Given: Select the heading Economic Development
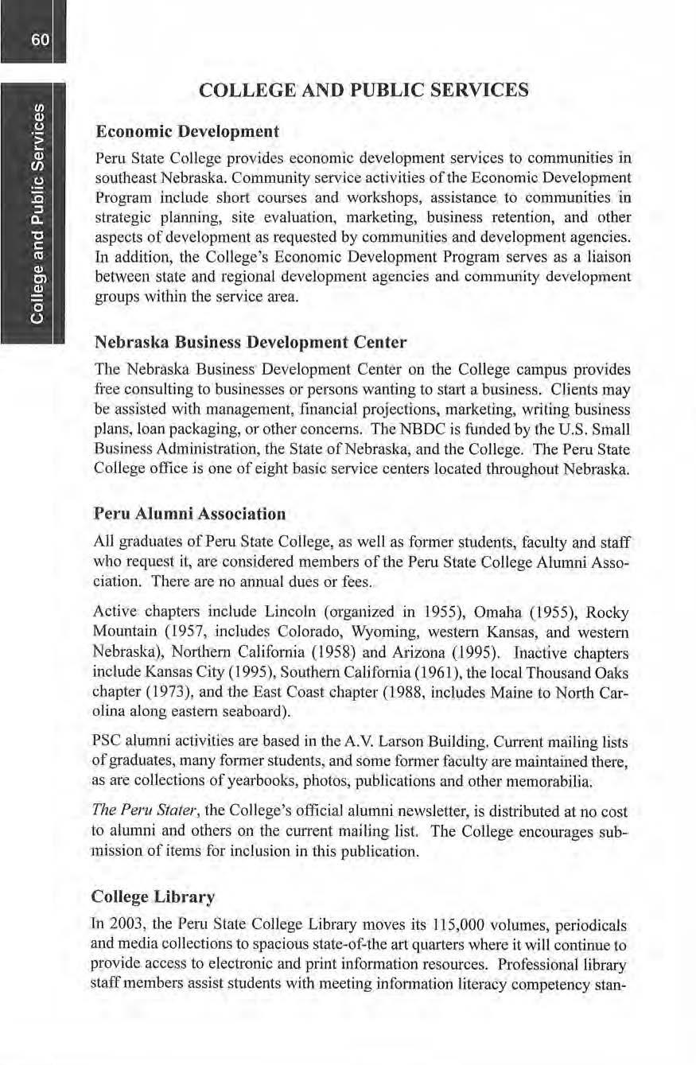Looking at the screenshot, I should [187, 130].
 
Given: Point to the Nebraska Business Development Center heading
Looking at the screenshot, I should [251, 343].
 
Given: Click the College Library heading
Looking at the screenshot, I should [154, 896].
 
